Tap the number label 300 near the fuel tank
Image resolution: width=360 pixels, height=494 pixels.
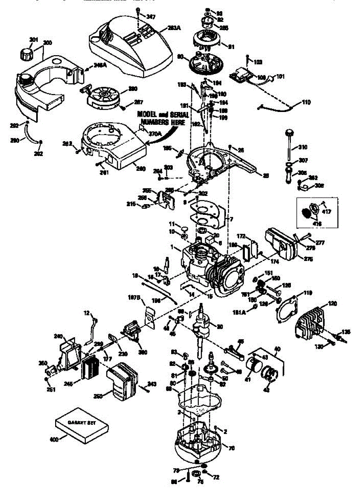[x=48, y=43]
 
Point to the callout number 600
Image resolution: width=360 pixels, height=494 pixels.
[x=54, y=439]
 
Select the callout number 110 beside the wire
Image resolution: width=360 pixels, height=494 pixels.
[x=307, y=102]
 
